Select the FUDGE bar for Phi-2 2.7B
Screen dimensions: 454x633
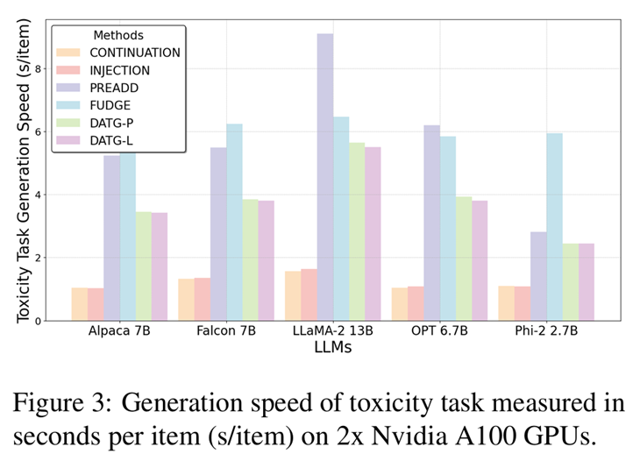[554, 227]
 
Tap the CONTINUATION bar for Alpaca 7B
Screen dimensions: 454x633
[80, 304]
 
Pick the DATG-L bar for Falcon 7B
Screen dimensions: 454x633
[267, 260]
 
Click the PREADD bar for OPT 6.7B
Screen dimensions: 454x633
[431, 223]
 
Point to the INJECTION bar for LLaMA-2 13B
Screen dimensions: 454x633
[309, 294]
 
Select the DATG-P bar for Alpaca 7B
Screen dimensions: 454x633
[143, 266]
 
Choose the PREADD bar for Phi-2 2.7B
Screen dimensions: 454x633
[538, 276]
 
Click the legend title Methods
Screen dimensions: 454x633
[117, 34]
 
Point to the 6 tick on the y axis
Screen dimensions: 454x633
[38, 131]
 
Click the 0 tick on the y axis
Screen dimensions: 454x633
[38, 321]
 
